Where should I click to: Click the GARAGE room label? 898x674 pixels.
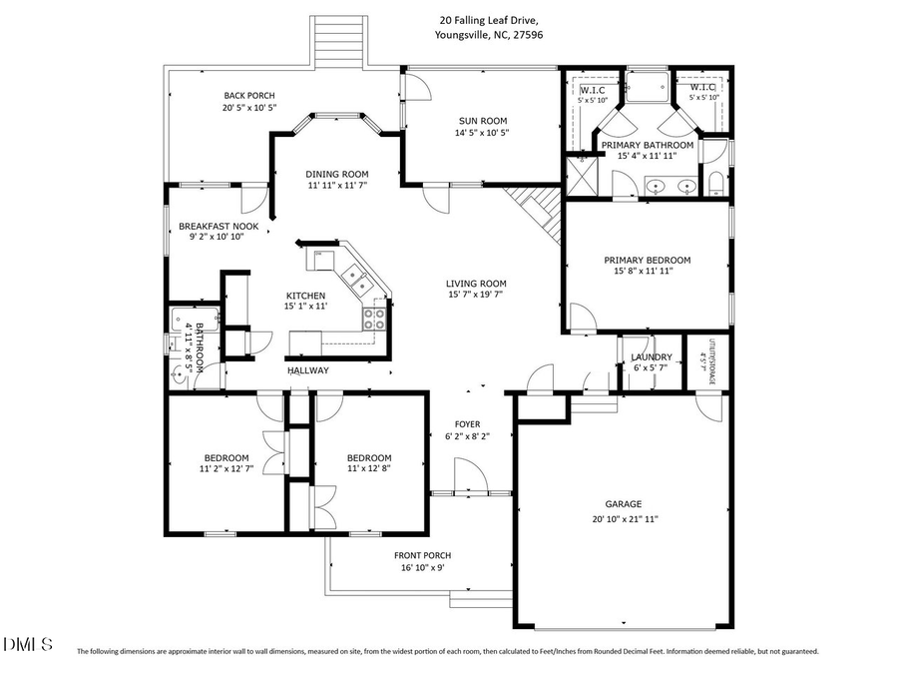(x=623, y=504)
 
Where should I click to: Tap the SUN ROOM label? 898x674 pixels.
(x=482, y=120)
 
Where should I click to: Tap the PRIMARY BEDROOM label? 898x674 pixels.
(x=647, y=260)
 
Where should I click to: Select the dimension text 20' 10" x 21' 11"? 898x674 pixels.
(x=624, y=518)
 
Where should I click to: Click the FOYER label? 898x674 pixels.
(x=467, y=423)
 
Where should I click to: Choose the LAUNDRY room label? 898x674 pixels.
(x=651, y=356)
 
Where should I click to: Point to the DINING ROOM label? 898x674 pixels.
(x=337, y=173)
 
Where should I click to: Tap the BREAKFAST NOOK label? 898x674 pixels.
(x=219, y=227)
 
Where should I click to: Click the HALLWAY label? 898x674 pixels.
(x=308, y=370)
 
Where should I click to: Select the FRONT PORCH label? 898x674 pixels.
(x=423, y=555)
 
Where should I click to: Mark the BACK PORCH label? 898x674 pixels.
(x=234, y=94)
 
